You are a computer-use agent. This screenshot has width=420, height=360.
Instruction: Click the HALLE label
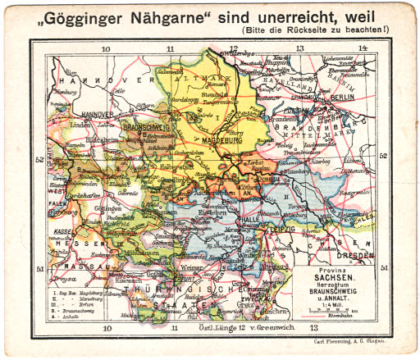(x=249, y=220)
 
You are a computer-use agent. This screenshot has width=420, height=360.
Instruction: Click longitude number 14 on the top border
(x=363, y=48)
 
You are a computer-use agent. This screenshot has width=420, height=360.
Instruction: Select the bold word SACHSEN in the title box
(x=338, y=280)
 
